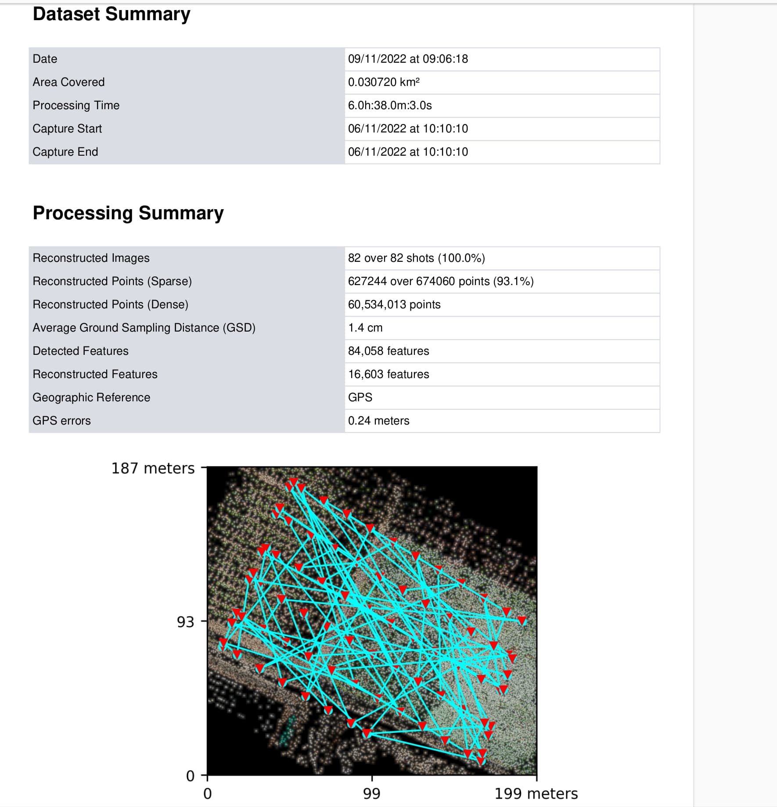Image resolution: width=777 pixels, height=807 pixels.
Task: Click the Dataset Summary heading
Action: [112, 14]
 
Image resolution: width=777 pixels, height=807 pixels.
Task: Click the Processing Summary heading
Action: [128, 213]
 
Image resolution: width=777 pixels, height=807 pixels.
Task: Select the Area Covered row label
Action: [68, 82]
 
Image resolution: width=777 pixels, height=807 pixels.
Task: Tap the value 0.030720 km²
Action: [384, 82]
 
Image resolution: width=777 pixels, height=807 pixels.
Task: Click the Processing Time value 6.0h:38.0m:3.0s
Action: [390, 105]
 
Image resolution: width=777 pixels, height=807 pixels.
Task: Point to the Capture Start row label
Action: [67, 129]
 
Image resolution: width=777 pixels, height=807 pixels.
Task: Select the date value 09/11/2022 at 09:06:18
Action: [408, 59]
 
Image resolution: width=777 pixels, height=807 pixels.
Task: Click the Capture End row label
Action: [65, 152]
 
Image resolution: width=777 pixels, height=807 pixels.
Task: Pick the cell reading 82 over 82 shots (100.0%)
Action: [416, 258]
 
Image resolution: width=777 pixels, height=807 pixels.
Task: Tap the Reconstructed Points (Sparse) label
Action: [112, 281]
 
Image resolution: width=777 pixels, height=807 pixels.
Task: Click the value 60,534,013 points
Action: [394, 304]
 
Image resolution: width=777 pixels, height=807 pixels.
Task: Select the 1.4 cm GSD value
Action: [365, 328]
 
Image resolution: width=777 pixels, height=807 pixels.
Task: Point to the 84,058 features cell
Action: [388, 351]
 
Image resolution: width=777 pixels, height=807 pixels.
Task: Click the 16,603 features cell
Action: [388, 374]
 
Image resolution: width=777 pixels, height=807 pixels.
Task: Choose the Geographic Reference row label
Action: [91, 397]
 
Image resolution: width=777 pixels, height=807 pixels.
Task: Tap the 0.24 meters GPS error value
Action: [378, 421]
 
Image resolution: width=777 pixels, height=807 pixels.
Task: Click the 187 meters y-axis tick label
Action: [153, 468]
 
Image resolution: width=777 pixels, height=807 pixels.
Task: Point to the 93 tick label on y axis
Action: [185, 622]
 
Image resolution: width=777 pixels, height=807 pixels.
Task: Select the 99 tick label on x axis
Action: [371, 793]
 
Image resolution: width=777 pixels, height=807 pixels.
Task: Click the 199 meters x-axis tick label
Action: [536, 793]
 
